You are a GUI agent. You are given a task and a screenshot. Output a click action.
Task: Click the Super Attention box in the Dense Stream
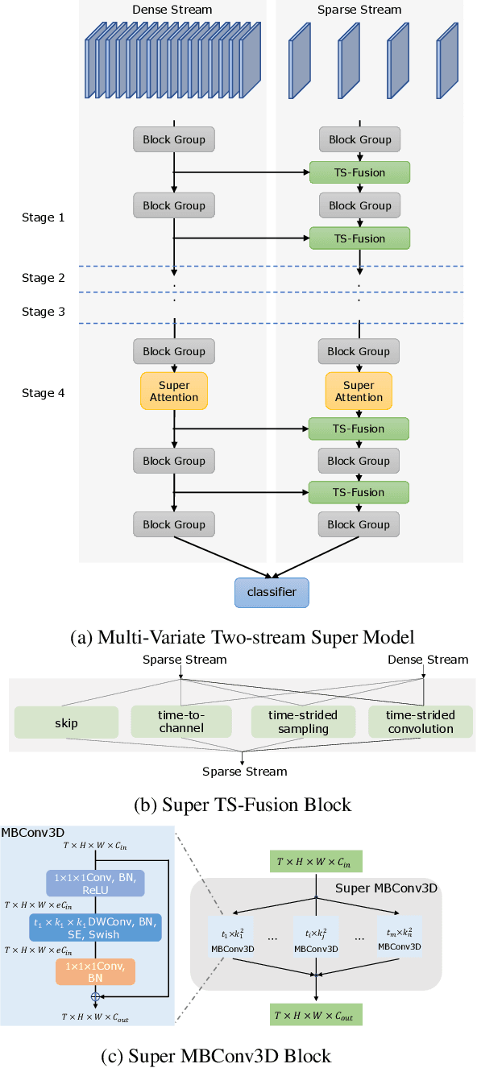174,391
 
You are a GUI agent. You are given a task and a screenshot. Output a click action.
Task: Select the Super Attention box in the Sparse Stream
359,391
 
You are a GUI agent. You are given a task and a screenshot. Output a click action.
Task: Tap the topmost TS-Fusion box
359,172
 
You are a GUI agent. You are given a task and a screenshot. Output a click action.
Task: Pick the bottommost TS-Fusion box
359,492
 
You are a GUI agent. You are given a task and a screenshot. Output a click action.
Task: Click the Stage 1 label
44,217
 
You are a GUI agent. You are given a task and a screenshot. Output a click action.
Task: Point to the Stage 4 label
44,393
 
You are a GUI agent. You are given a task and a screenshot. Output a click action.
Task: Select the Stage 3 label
44,312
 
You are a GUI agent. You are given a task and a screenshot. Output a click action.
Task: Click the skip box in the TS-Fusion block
66,722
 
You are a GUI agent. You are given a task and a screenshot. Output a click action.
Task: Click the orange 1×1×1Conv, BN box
96,972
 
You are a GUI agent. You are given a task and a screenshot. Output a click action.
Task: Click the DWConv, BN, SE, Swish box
96,926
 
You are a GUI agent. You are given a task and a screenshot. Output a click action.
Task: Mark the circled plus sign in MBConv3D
95,996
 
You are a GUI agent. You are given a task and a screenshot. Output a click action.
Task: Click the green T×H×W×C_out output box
315,1013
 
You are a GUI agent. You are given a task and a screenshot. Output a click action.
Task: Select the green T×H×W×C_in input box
315,862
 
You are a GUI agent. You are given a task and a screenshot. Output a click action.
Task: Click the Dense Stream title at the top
172,10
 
